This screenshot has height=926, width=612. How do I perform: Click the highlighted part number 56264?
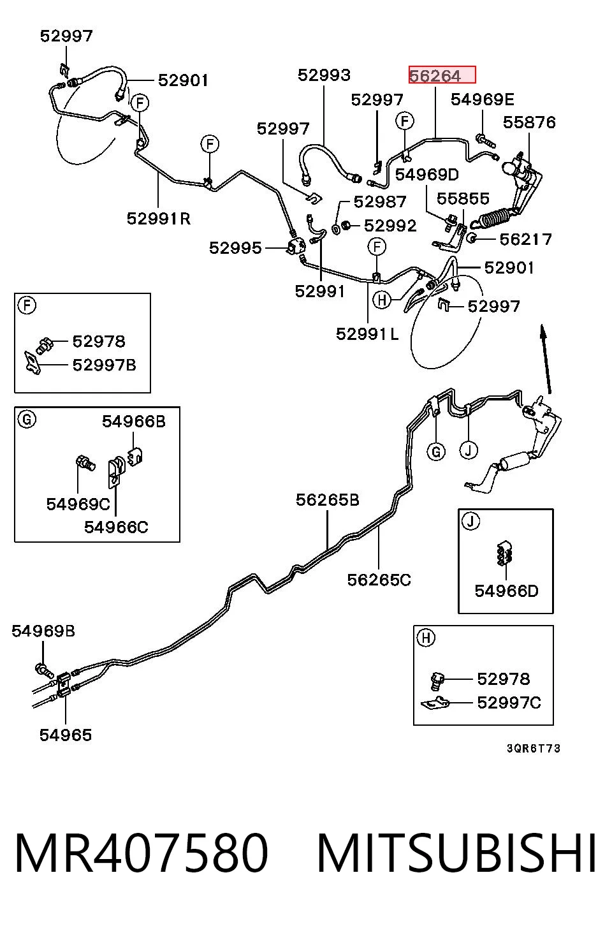(x=435, y=76)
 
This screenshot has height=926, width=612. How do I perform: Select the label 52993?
(x=324, y=75)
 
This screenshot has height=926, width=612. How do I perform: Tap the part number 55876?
(x=529, y=122)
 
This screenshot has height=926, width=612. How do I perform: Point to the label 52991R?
(x=159, y=219)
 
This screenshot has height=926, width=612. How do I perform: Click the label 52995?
(x=235, y=248)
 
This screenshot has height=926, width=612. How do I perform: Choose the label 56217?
(x=526, y=239)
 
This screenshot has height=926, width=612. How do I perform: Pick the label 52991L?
(x=367, y=334)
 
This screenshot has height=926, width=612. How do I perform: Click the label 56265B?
(x=327, y=500)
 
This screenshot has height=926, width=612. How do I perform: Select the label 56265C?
(x=379, y=580)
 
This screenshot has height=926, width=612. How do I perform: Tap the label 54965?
(x=65, y=735)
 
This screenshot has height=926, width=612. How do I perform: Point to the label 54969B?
(x=43, y=631)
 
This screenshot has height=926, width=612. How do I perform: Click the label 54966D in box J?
(x=506, y=591)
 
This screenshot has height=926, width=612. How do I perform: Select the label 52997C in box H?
(x=509, y=702)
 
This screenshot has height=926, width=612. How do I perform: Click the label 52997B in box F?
(x=104, y=365)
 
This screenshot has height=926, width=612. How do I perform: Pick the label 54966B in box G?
(x=133, y=422)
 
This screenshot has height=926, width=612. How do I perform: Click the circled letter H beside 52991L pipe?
(x=382, y=300)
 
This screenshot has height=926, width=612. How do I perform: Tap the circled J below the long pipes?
(x=469, y=450)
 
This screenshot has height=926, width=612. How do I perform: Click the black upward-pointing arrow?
(x=546, y=359)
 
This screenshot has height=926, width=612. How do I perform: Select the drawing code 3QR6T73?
(x=534, y=748)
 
